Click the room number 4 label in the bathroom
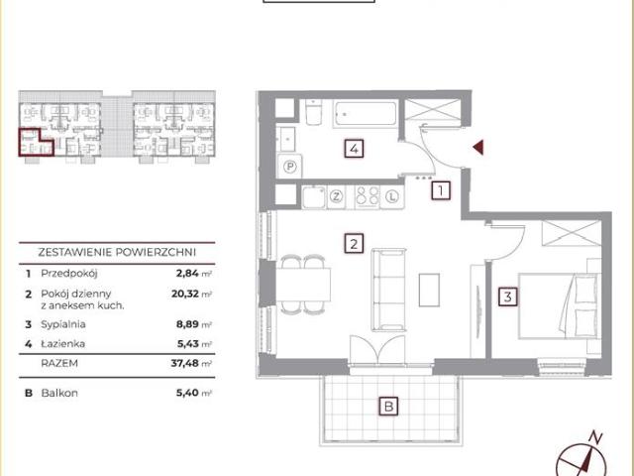354,149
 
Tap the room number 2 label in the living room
354,244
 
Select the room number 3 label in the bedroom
508,297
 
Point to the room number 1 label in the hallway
441,190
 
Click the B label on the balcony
388,406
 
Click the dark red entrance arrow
477,148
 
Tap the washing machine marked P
289,167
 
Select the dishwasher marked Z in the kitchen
336,197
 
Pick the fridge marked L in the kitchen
392,197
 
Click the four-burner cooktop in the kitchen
368,197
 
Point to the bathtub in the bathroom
366,114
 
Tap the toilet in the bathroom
313,112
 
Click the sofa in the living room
388,290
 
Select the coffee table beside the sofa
429,290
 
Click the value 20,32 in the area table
185,294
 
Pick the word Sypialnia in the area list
63,324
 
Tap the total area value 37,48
185,363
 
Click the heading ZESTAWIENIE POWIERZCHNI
117,252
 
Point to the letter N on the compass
595,437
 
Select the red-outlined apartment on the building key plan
35,143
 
